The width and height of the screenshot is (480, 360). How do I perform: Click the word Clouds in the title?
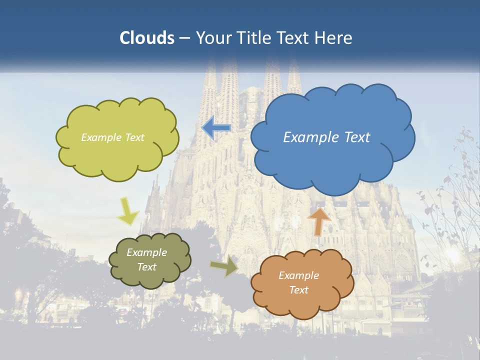(x=147, y=38)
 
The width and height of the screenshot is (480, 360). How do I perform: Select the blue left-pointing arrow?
(x=216, y=128)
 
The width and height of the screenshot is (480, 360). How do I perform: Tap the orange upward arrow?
(x=319, y=221)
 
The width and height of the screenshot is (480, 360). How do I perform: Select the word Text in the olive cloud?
(x=147, y=267)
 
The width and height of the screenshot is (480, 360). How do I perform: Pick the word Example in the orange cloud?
(x=298, y=275)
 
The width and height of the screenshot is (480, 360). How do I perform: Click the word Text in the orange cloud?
(x=298, y=290)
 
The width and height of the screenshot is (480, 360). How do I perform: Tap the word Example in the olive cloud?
(x=147, y=252)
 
